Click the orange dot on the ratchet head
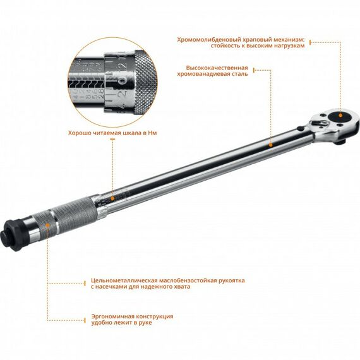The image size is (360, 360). click(341, 114)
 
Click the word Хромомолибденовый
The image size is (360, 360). click(203, 39)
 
